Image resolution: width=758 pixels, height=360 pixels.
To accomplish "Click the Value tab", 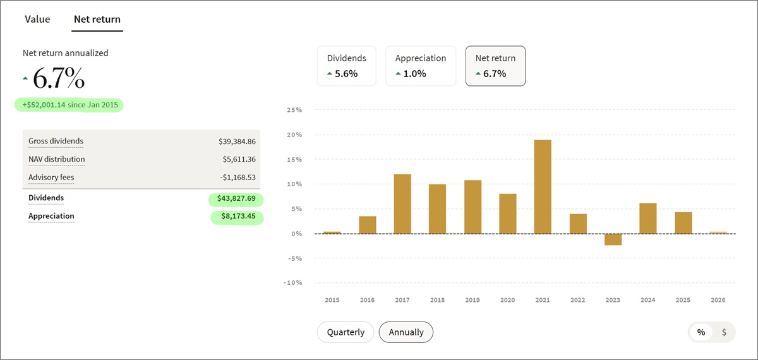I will (x=37, y=19).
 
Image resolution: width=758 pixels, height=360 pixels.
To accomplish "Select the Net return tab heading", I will (x=97, y=19).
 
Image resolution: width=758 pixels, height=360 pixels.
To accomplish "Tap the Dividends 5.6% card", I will (x=346, y=66).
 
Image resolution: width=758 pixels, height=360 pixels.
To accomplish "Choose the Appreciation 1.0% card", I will (x=421, y=66).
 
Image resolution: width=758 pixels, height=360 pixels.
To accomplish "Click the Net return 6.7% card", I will (x=495, y=66).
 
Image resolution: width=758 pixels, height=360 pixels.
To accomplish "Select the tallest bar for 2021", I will (x=543, y=187).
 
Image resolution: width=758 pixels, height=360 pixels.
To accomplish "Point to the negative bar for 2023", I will (x=613, y=239).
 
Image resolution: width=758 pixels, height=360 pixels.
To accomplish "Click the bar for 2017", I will (x=402, y=204).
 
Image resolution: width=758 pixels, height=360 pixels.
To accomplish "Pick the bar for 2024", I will (x=648, y=219).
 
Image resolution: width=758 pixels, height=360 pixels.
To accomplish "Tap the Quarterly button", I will (x=346, y=332).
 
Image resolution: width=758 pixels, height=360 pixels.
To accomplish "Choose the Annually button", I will (x=406, y=332).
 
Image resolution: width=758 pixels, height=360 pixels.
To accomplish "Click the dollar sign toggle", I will (x=724, y=332).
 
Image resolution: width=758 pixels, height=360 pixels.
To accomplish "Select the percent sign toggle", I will (x=701, y=332).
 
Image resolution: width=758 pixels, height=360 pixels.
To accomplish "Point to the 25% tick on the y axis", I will (x=294, y=110).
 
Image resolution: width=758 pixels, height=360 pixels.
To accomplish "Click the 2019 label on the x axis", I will (x=472, y=301).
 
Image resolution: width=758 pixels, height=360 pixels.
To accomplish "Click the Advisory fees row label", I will (x=51, y=177).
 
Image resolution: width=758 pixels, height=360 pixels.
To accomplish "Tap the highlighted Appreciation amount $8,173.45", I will (x=237, y=217).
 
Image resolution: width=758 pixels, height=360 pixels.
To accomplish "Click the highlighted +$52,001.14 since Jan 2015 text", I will (x=69, y=105).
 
